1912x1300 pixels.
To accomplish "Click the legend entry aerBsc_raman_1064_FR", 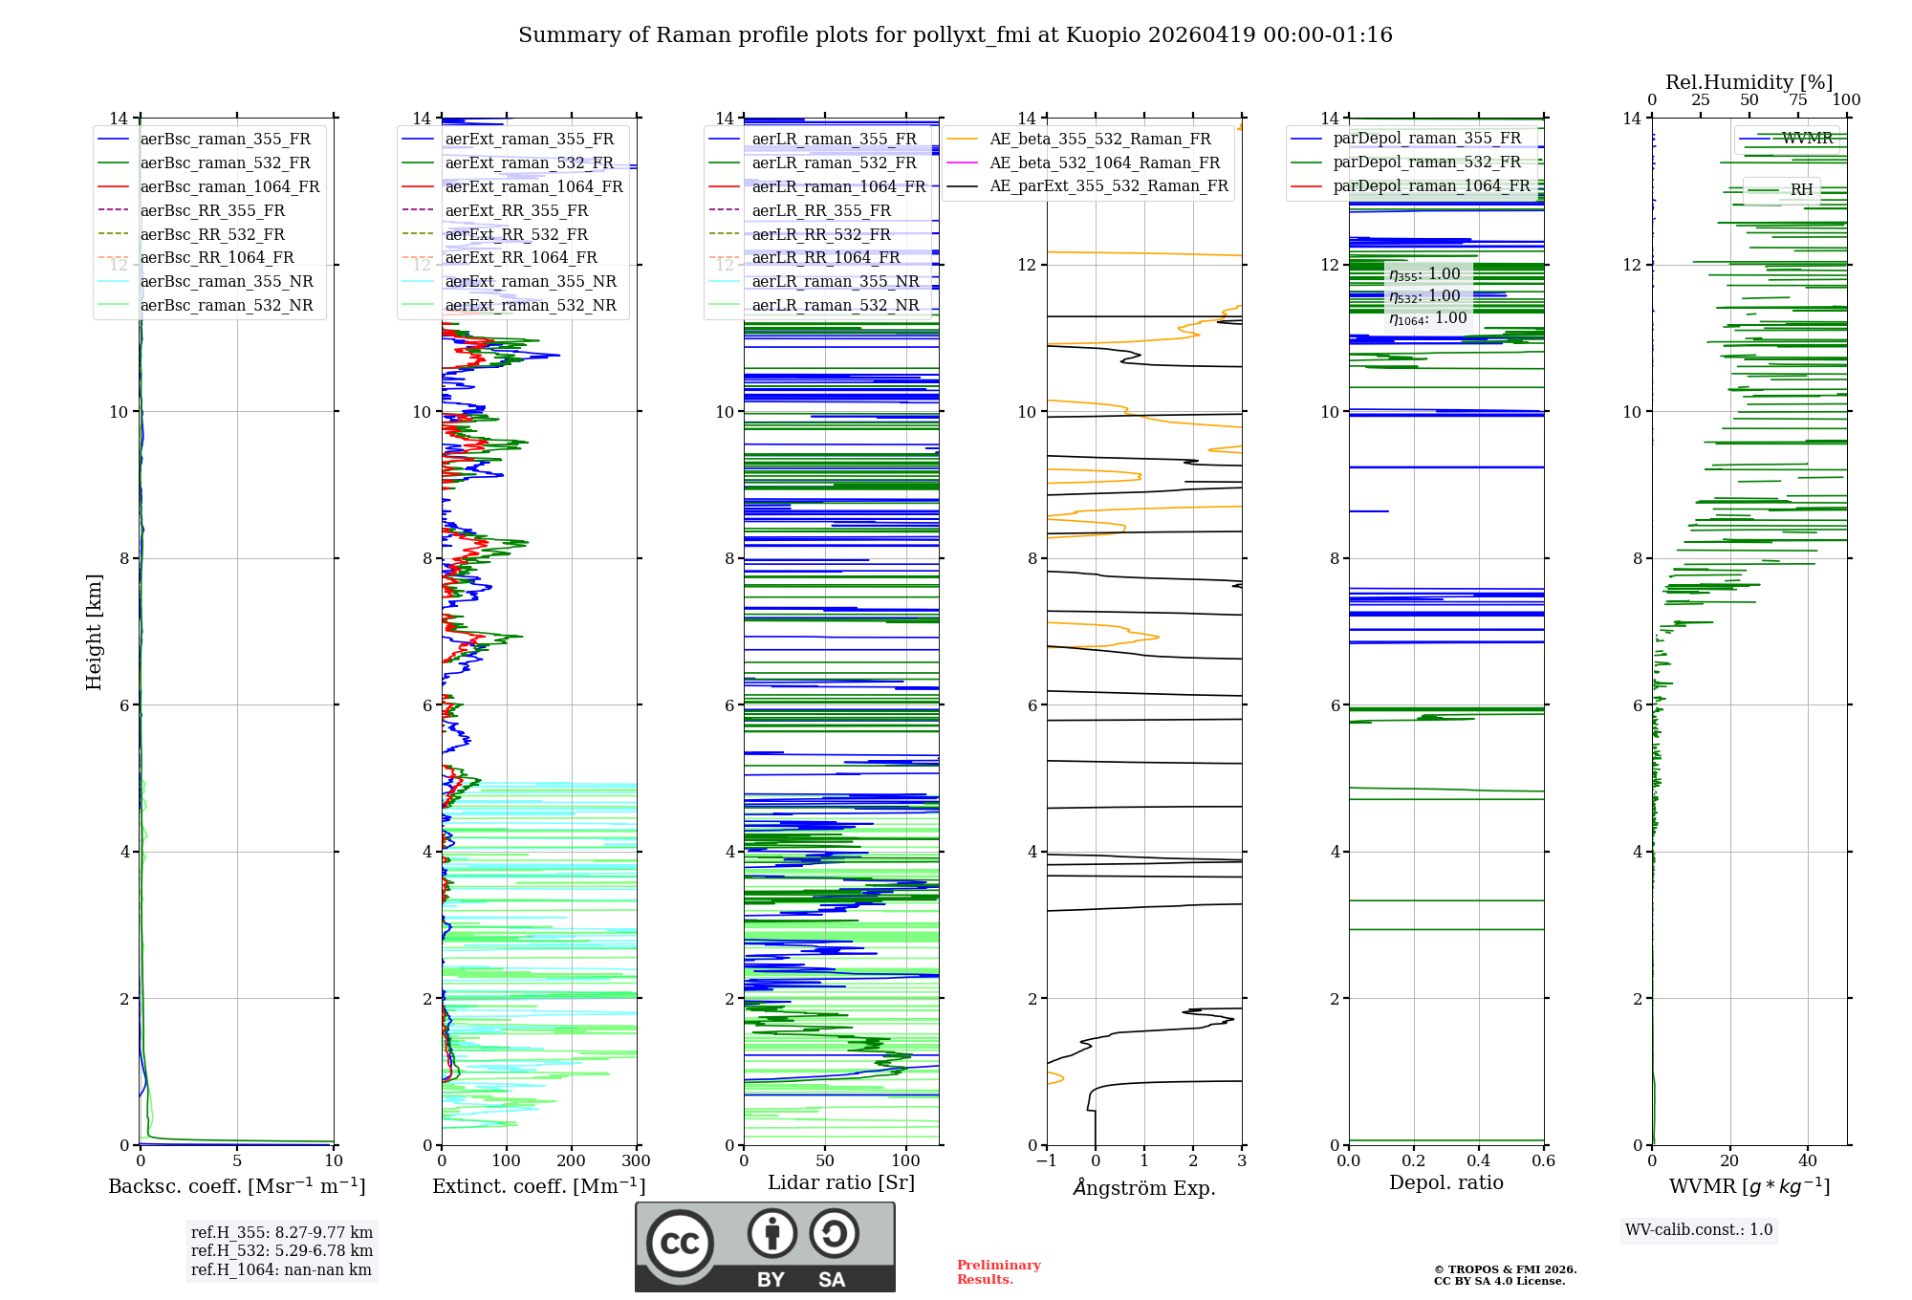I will [229, 187].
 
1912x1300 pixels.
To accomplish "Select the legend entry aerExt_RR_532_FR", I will [516, 234].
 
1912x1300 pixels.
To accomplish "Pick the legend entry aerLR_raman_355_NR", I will [835, 282].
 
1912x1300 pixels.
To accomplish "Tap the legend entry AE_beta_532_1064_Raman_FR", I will [1104, 163].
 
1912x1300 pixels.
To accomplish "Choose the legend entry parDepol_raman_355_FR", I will [1426, 139].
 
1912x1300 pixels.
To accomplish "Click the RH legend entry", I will [1801, 190].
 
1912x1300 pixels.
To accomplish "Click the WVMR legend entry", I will [1807, 139].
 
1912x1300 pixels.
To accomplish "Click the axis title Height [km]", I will [94, 631].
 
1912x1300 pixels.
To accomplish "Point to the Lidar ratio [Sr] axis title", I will [841, 1182].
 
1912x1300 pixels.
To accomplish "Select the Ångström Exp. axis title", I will [1144, 1188].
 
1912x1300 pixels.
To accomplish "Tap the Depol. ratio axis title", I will [1445, 1182].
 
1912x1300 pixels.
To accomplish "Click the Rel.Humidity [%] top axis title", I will [1749, 82].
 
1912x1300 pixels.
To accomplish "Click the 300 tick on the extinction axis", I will [636, 1161].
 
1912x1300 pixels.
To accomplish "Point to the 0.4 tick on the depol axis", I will [1478, 1161].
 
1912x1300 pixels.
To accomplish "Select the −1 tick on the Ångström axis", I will [1046, 1161].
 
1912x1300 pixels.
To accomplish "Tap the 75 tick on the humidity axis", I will [1797, 100].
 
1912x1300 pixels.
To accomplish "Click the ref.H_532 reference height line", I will [281, 1250].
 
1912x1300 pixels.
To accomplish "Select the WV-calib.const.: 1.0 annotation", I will [1699, 1230].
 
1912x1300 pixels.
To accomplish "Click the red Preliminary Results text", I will [998, 1272].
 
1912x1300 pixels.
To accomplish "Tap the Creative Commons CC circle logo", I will [680, 1244].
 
